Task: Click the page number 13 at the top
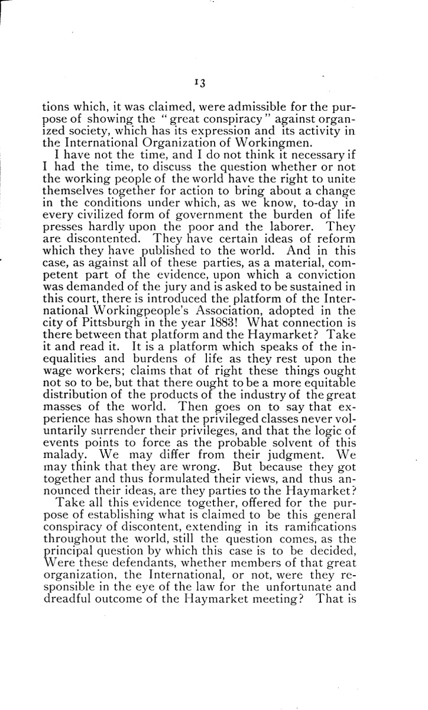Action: pyautogui.click(x=198, y=84)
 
